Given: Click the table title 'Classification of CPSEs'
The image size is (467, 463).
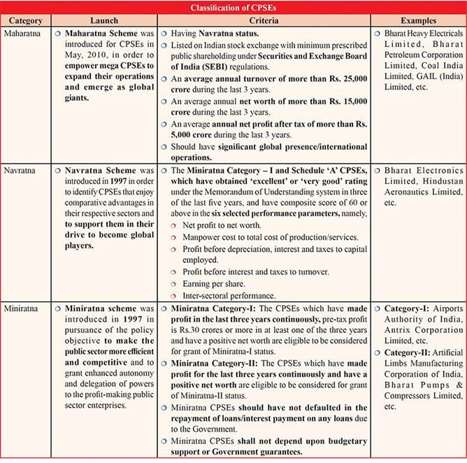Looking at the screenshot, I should coord(233,7).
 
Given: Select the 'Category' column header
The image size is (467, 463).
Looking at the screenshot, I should coord(22,21).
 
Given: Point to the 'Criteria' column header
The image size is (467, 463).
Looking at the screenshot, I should coord(264,21).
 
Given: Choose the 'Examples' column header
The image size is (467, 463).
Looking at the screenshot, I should coord(419,21).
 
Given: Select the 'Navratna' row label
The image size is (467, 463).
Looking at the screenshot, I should coord(21,170).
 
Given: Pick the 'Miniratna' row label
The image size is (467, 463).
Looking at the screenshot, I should coord(22,308).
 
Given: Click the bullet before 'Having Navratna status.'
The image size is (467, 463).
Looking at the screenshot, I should coord(162,33).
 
